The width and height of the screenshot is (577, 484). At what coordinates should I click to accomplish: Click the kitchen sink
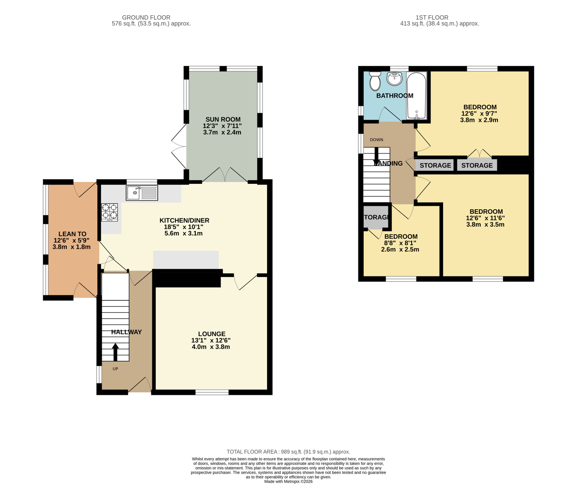point(142,193)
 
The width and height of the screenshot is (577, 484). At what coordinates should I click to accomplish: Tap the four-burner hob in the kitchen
point(110,212)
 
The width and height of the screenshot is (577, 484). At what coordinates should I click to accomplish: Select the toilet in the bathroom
point(375,81)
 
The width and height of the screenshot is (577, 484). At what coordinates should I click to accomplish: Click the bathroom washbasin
point(395,79)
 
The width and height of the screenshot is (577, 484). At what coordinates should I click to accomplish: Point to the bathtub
point(417,95)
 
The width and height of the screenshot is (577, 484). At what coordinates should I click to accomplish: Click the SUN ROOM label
point(223,119)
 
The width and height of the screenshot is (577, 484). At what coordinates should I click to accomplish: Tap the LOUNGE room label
point(211,334)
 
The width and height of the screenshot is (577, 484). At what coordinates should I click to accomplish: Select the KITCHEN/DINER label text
point(184,220)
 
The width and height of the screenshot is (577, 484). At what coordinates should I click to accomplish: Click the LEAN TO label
point(72,234)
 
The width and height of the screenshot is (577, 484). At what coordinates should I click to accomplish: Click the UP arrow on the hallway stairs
point(115,352)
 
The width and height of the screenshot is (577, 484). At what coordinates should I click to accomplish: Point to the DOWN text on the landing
point(376,140)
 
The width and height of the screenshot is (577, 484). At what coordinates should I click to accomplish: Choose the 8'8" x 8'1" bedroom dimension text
point(400,243)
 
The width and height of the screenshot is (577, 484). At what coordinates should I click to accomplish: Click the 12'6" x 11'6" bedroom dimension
point(485,218)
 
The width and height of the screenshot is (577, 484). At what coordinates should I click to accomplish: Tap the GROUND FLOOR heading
point(146,17)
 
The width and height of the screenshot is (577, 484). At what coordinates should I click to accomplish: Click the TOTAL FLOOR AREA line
point(288,452)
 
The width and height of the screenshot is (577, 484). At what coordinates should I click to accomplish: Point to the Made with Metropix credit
point(288,481)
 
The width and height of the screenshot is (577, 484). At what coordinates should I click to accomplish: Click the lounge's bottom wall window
point(212,393)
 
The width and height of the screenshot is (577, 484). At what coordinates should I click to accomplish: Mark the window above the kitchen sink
point(142,182)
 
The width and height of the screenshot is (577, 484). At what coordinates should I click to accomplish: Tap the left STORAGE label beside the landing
point(435,165)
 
